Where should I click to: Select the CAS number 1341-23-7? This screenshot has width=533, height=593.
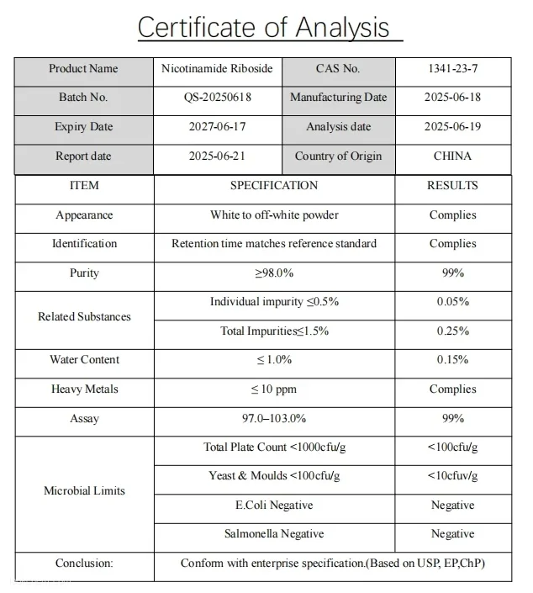(x=452, y=69)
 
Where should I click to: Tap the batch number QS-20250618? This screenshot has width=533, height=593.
(x=218, y=98)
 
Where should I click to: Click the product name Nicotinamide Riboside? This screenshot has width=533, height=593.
(x=218, y=69)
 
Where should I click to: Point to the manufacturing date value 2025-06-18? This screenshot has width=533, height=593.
(x=452, y=98)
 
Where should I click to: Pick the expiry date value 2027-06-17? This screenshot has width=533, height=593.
(x=218, y=127)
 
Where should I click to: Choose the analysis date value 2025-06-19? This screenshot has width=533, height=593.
(x=452, y=127)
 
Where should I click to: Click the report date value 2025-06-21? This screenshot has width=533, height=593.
(x=218, y=156)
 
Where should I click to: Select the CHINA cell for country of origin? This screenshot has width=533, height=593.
(x=452, y=156)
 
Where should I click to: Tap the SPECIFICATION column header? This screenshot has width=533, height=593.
(x=274, y=186)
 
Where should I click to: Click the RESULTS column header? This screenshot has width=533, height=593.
(x=452, y=186)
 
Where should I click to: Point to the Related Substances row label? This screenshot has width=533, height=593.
(x=84, y=317)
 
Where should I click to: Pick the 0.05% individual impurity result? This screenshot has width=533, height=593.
(x=452, y=302)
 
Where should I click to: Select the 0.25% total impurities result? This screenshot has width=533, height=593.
(x=452, y=331)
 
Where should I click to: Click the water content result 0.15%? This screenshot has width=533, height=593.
(x=452, y=360)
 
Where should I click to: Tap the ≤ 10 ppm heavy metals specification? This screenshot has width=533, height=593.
(x=274, y=389)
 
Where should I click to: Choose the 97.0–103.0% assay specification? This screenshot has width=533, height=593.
(x=274, y=419)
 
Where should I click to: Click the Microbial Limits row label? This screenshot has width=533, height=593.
(x=84, y=490)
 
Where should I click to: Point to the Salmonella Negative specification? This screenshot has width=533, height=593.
(x=274, y=534)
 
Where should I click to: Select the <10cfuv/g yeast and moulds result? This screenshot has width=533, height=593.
(x=452, y=476)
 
